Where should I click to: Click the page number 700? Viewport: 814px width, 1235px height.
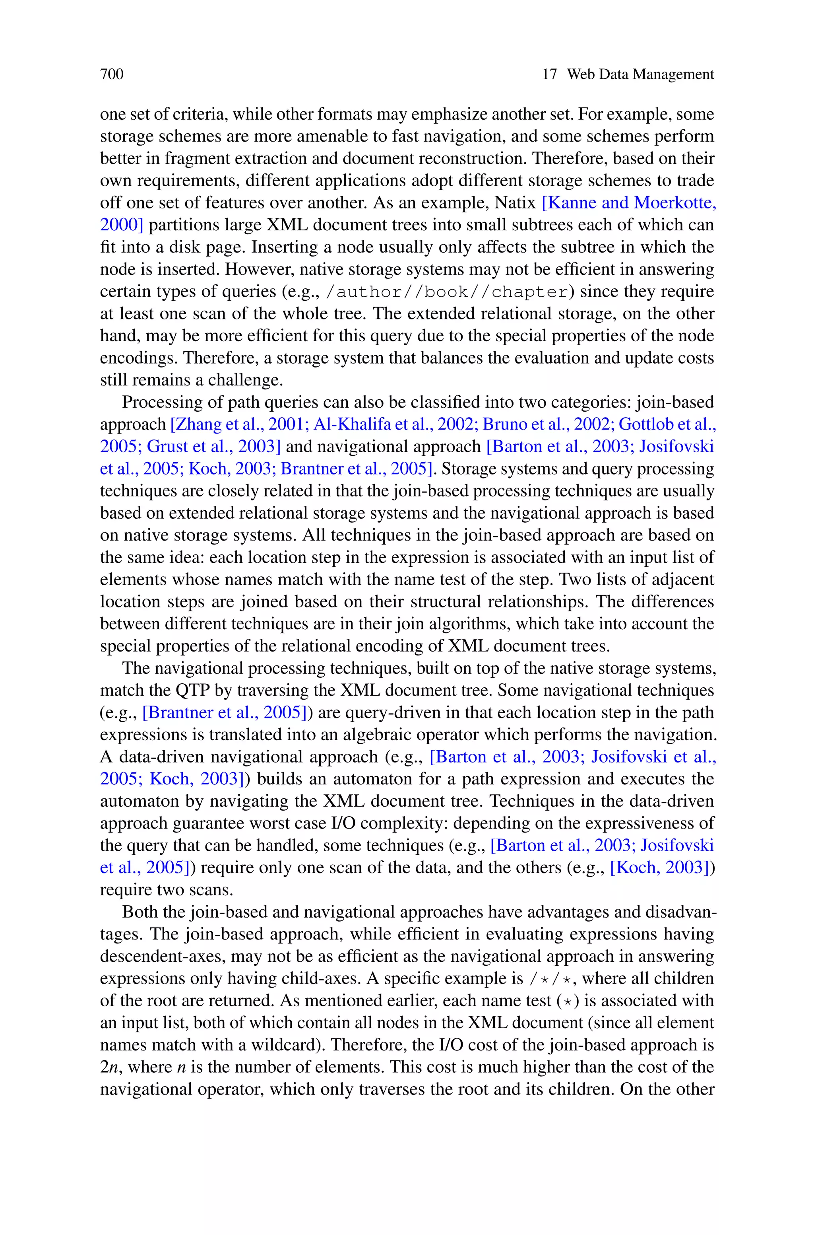tap(112, 74)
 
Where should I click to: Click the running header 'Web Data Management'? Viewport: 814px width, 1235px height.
tap(640, 74)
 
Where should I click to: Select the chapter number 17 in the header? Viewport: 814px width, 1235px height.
tap(549, 74)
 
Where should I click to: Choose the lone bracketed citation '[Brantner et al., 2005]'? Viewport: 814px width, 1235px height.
tap(224, 712)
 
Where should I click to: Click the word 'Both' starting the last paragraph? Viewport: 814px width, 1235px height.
tap(139, 912)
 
